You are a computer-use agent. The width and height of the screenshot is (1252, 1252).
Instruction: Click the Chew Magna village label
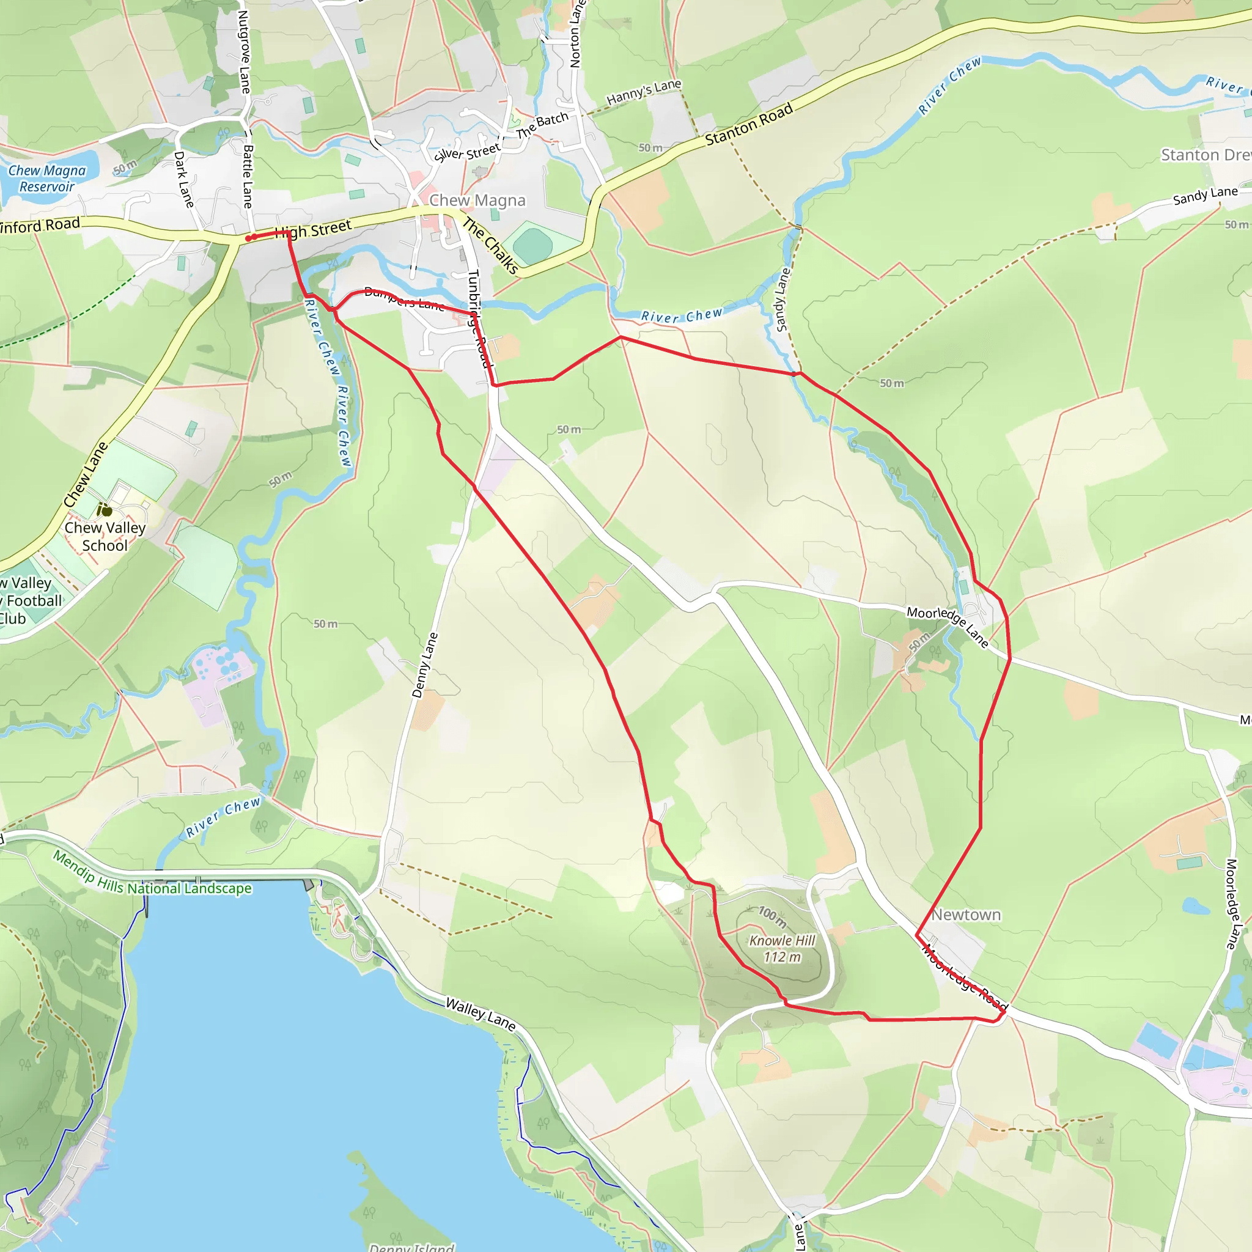tap(477, 201)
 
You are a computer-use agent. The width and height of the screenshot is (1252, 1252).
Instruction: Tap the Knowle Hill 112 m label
tap(782, 949)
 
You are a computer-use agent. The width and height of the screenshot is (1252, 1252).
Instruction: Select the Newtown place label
tap(965, 915)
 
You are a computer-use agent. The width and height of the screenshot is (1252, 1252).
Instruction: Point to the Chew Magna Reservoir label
tap(46, 179)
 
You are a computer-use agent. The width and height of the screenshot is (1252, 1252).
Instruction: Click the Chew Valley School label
tap(105, 536)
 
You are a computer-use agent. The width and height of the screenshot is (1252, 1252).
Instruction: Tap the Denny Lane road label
tap(424, 665)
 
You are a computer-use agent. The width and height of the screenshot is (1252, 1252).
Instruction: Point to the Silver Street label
tap(466, 152)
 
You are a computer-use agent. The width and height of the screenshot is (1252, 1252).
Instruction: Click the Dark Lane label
tap(184, 180)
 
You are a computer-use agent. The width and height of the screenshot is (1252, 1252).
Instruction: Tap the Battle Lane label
tap(248, 176)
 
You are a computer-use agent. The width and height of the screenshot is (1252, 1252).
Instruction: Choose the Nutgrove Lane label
tap(244, 52)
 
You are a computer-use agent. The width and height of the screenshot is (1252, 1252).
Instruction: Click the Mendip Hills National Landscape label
tap(152, 875)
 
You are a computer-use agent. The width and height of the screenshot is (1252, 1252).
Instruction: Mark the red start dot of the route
tap(248, 238)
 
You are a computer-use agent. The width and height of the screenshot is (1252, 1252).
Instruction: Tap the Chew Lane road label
tap(86, 474)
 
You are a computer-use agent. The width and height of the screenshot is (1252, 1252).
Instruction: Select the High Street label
tap(314, 229)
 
